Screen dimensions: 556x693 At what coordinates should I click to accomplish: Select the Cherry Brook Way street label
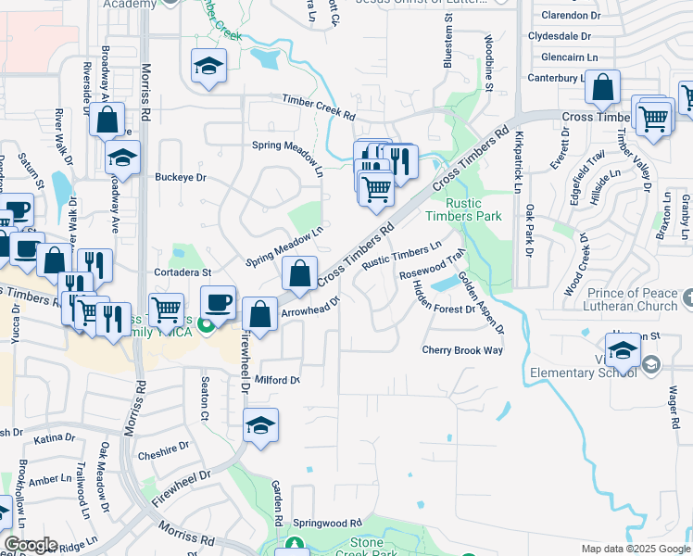click(x=462, y=350)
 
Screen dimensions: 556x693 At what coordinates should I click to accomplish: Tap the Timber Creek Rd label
click(x=319, y=108)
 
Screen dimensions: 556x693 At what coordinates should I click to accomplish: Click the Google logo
click(x=30, y=545)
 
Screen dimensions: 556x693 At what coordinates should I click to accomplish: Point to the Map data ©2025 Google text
click(x=635, y=549)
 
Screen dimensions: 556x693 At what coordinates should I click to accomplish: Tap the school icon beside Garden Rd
click(x=261, y=425)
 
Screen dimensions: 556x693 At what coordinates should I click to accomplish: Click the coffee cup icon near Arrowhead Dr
click(x=219, y=303)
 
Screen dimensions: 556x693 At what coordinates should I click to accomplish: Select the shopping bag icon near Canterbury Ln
click(x=602, y=88)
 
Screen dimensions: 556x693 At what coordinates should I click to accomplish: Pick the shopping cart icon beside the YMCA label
click(x=166, y=310)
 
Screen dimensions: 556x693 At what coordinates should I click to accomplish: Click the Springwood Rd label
click(x=326, y=523)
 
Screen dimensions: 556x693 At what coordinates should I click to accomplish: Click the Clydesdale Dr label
click(x=559, y=36)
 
